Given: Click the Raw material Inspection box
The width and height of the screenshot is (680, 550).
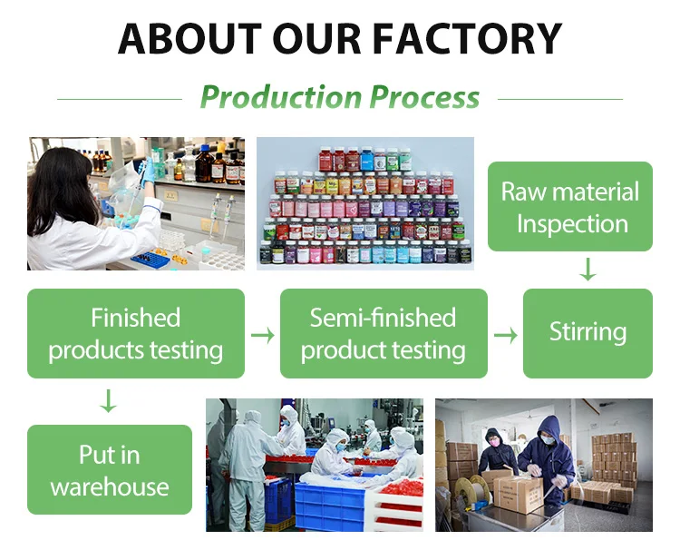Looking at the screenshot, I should point(570,206).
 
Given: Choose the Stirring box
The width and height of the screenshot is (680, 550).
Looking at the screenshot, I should point(588,333).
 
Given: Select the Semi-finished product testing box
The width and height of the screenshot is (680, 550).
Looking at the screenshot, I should point(383,333).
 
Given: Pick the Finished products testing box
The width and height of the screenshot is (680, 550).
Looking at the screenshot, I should point(135,333).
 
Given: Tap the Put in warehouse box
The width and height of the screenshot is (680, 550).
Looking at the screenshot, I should point(109,470).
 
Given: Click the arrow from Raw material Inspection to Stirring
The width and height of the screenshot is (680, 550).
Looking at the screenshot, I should point(588,270).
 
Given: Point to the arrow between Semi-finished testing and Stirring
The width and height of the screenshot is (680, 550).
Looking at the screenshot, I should point(505,335).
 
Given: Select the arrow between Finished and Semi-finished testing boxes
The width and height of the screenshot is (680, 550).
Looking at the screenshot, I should point(262,335).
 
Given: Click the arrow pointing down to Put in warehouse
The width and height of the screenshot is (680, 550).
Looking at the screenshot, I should point(108,401).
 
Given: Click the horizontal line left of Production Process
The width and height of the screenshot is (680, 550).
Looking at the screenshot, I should point(119,98).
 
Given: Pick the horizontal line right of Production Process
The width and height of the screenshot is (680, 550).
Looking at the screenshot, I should point(559,98).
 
